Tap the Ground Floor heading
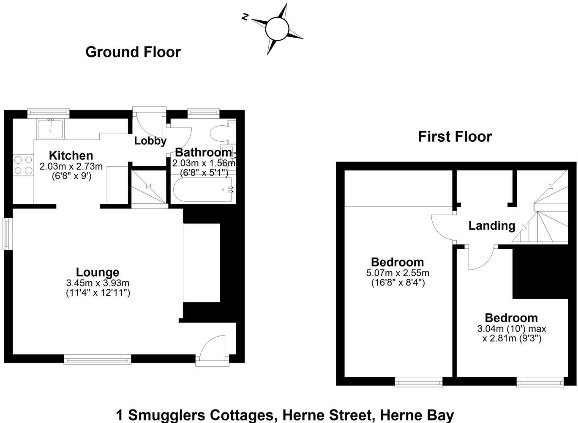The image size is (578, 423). [133, 52]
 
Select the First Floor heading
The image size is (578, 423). [455, 137]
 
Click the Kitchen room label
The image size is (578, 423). [71, 155]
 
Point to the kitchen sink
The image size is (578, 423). [50, 129]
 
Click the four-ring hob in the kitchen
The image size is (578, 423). [23, 165]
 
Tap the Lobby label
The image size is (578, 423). [150, 141]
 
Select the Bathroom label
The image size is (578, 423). [203, 152]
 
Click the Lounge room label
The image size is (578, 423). [98, 272]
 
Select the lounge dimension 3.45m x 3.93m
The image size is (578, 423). [98, 283]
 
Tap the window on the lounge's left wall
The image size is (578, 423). [7, 233]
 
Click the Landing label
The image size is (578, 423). [492, 225]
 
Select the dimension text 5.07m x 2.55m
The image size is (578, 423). [397, 273]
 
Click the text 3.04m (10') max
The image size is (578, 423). [511, 329]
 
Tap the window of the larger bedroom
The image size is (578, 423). [418, 382]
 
